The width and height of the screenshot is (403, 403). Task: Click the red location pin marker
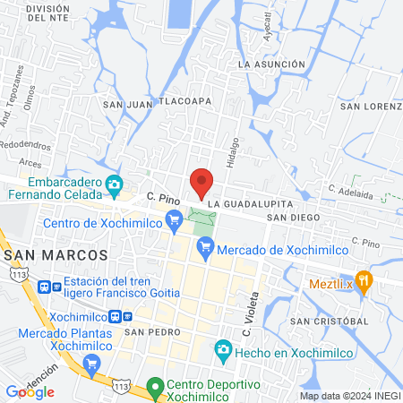click(201, 182)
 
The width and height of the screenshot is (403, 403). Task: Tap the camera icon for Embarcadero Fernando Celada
click(114, 185)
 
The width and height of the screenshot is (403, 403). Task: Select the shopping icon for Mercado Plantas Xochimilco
click(90, 364)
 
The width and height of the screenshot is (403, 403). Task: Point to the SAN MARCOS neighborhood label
click(56, 255)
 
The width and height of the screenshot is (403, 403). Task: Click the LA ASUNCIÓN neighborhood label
click(274, 65)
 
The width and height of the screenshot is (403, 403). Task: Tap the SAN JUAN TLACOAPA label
click(157, 102)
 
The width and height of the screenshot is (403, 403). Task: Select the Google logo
click(30, 391)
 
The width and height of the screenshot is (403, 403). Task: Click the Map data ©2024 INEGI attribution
click(348, 396)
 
